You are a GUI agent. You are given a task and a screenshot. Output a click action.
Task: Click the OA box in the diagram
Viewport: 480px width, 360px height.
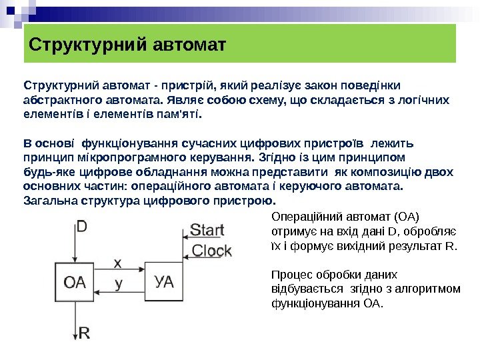pyautogui.click(x=75, y=281)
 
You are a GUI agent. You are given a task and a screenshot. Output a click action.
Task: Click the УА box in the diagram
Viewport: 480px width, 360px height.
pyautogui.click(x=165, y=281)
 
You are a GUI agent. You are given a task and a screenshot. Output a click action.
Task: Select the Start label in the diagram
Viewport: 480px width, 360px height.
pyautogui.click(x=207, y=231)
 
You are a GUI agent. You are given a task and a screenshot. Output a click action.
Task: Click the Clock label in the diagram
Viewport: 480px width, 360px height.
pyautogui.click(x=211, y=251)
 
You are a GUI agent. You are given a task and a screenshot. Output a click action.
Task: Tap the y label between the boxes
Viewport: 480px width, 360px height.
pyautogui.click(x=118, y=283)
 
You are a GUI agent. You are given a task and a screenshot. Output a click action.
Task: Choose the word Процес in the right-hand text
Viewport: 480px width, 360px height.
pyautogui.click(x=291, y=275)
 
